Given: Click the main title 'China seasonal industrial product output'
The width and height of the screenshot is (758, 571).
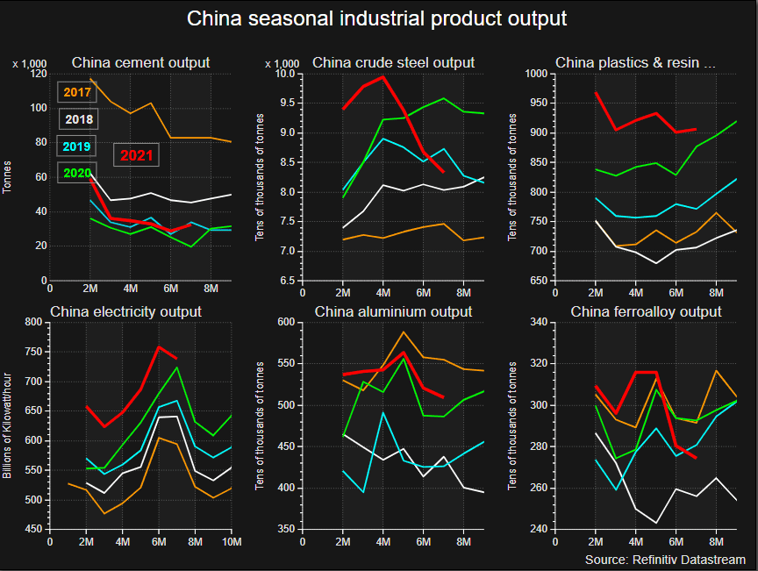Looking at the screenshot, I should coord(377,18).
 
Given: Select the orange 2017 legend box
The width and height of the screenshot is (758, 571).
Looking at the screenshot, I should coord(77,91).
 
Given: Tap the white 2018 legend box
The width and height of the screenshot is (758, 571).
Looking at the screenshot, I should coord(77,119).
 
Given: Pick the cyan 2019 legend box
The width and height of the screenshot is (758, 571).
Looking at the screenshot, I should coord(77,146).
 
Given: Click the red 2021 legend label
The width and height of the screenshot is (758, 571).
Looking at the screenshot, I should coord(138,155).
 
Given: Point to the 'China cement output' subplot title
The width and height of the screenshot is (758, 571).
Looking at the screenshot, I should coord(140,62).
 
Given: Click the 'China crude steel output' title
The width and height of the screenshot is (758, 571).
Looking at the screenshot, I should coord(393,62).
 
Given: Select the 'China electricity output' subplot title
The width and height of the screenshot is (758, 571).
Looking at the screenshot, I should coord(125,311).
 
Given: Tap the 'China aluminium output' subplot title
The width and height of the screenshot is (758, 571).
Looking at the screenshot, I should coord(393,311).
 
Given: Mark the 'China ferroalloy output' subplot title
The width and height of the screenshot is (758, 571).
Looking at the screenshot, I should coord(646,311).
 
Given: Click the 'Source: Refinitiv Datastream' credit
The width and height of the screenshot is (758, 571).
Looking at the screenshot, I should coord(665,560).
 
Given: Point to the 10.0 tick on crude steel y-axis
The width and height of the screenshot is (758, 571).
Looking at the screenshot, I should coord(284,74).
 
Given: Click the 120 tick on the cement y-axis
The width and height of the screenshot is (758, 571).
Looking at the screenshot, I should coord(37,74).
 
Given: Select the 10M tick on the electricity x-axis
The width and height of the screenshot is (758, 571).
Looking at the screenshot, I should coord(231,543).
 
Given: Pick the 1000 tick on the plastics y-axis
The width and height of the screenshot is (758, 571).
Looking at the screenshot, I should coord(535,74).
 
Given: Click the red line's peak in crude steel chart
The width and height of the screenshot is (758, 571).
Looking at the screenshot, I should coord(383,76).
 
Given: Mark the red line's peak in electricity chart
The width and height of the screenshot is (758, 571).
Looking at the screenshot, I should coord(159,346).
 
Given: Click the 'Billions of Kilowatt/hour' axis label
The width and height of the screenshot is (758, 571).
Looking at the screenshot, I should coord(8,424).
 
